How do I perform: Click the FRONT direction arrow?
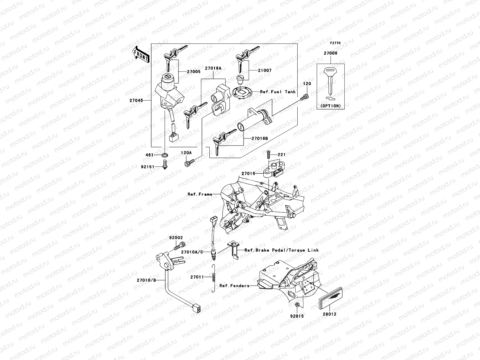[x=141, y=54]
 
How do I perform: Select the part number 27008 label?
[x=330, y=53]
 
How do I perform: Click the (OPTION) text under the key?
[x=330, y=106]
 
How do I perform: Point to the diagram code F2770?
[x=335, y=43]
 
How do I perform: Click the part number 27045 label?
[x=136, y=100]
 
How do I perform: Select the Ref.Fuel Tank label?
[x=277, y=92]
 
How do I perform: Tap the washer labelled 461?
[x=164, y=155]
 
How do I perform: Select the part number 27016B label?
[x=259, y=139]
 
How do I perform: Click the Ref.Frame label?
[x=200, y=194]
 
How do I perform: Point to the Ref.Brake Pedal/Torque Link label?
[x=281, y=250]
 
